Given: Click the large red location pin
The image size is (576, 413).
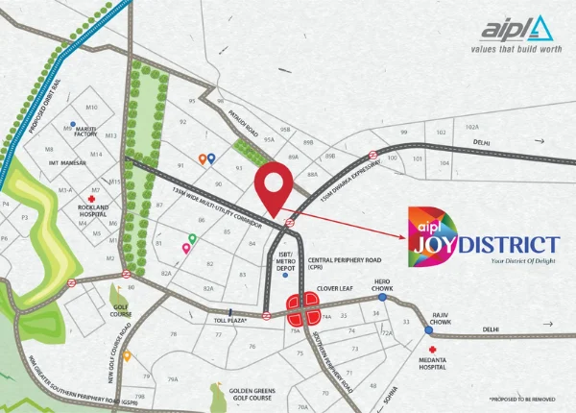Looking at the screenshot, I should point(273,186).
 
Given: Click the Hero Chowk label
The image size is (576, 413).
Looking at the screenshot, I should point(383,284).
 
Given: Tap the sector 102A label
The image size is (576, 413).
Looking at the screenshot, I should point(471,127).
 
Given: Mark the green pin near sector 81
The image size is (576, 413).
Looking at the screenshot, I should point(192,237).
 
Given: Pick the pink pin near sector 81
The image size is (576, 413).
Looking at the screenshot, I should point(185,248).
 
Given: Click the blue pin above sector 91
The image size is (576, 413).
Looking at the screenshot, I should point(211,158).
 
